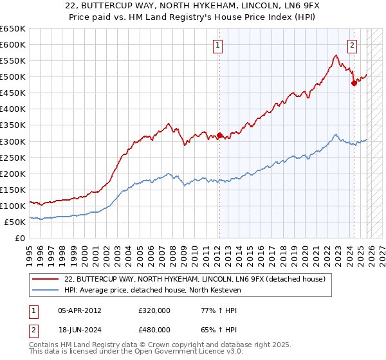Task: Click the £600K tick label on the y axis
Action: pos(13,44)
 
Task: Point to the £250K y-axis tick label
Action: pos(13,157)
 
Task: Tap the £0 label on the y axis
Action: pos(20,238)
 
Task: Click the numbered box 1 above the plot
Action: pos(219,45)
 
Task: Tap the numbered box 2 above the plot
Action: pos(353,45)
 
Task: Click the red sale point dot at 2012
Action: pos(219,135)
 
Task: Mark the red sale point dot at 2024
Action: pos(354,83)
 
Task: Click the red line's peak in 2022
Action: pos(336,56)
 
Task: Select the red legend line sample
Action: pos(46,279)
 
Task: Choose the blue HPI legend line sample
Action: pos(46,290)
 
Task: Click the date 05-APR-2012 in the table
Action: pos(80,310)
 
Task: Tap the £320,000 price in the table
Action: pos(154,310)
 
